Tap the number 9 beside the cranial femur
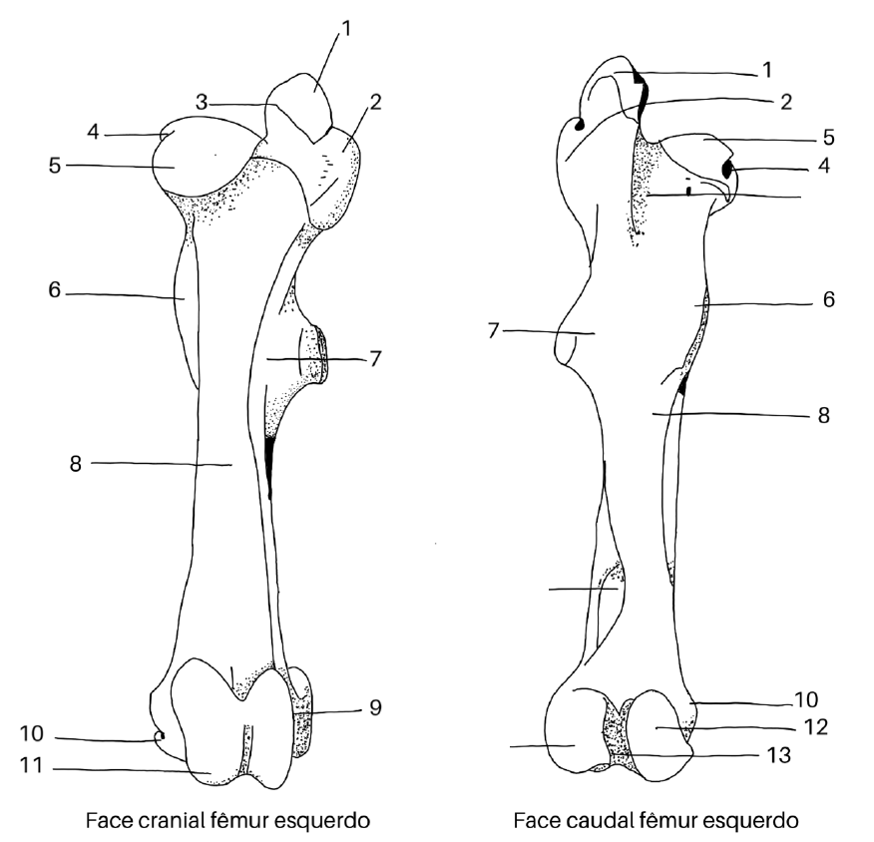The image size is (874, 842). click(375, 708)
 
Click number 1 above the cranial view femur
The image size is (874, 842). click(346, 30)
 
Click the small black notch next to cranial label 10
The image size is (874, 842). click(159, 736)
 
